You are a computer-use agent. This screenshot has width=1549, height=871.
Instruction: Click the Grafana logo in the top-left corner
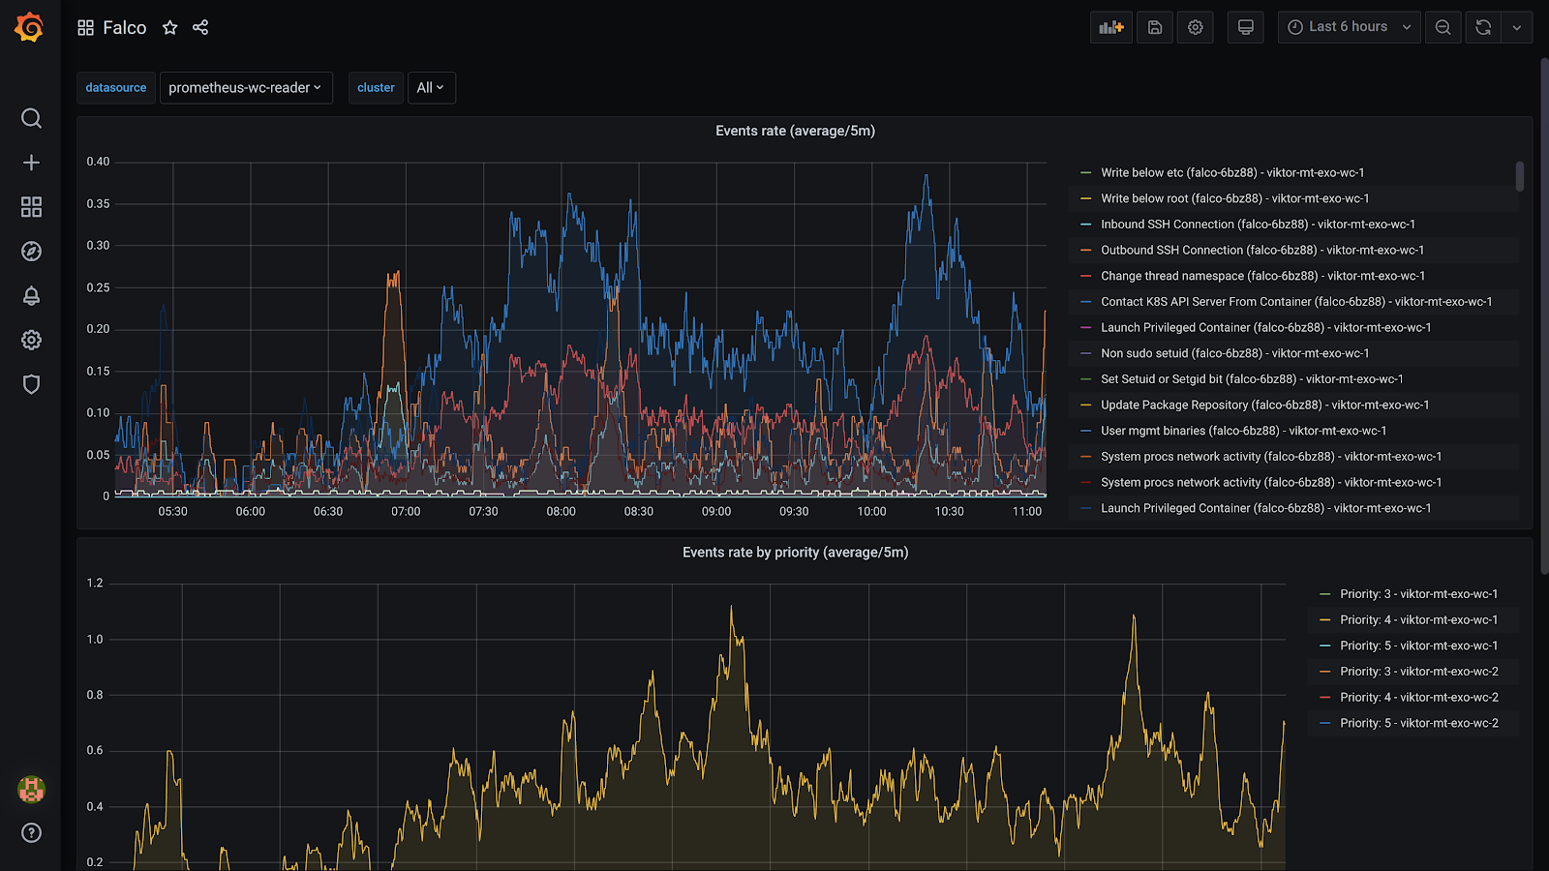(29, 27)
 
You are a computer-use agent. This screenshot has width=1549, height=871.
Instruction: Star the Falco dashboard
(170, 27)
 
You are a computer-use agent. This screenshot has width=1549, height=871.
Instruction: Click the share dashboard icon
(200, 27)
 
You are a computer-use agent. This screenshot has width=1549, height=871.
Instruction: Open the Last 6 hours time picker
(1349, 27)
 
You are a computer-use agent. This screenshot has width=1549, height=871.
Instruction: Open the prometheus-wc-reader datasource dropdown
(245, 87)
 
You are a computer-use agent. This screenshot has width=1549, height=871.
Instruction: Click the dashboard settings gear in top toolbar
(1196, 27)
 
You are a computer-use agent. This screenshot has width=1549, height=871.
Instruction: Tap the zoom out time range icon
(1443, 27)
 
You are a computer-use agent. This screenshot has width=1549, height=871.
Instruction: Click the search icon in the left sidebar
(31, 118)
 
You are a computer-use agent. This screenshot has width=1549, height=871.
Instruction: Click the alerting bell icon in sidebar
(31, 296)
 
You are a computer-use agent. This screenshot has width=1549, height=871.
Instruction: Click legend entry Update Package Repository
(1264, 405)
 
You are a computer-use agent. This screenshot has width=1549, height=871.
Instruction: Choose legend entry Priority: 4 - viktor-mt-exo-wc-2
(1418, 698)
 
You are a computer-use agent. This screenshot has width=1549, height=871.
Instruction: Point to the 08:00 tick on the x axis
(561, 512)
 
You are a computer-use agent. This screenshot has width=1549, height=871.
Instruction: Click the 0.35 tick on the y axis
(98, 204)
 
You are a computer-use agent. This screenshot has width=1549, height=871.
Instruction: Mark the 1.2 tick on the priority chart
(95, 584)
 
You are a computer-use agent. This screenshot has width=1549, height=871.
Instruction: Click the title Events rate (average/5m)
(795, 131)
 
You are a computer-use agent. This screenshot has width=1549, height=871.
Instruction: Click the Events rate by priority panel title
(795, 553)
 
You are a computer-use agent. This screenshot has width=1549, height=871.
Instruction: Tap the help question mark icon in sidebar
(31, 833)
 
